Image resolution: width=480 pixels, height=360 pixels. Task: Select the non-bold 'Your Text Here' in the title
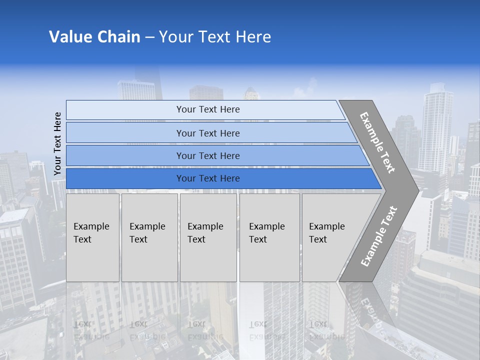(215, 37)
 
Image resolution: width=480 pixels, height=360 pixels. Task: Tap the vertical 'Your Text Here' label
(57, 143)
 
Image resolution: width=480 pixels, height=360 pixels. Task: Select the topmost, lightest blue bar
(208, 109)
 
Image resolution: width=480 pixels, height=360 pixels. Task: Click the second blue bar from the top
(208, 133)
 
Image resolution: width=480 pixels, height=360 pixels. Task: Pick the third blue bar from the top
(208, 155)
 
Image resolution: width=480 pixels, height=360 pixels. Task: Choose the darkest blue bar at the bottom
(208, 178)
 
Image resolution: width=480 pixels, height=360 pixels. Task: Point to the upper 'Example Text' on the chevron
(377, 142)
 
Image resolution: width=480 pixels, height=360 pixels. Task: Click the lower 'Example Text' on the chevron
(379, 236)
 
